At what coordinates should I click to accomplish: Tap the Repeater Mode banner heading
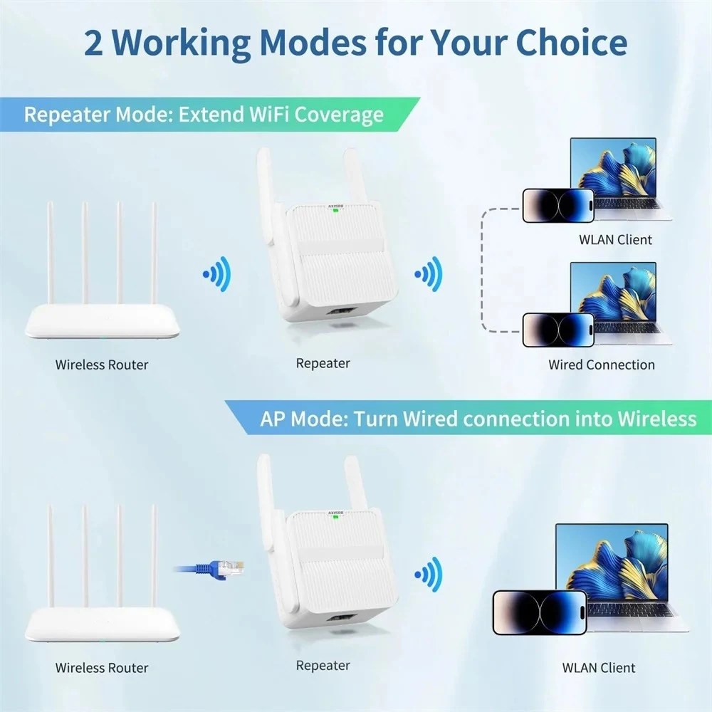pos(204,115)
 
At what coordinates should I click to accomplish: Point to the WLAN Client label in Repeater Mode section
pos(615,239)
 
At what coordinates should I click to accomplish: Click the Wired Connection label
pos(602,365)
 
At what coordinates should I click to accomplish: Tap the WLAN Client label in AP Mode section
pos(599,668)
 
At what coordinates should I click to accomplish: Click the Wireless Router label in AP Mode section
pos(102,668)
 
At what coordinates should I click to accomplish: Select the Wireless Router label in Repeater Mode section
pos(102,365)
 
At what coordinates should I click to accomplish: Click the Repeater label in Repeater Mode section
pos(323,363)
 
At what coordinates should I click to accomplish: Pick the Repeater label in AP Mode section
pos(323,666)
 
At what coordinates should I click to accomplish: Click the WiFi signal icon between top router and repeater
pos(216,273)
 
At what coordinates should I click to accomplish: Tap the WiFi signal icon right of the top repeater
pos(429,272)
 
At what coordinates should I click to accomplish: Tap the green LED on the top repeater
pos(335,209)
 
